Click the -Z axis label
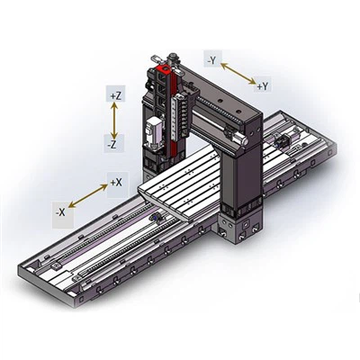click(114, 144)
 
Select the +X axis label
click(115, 182)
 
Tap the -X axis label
click(59, 212)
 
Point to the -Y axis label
click(212, 60)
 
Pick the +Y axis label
click(262, 86)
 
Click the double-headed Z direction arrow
click(114, 119)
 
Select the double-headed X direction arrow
click(87, 197)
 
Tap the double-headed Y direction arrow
click(237, 74)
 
